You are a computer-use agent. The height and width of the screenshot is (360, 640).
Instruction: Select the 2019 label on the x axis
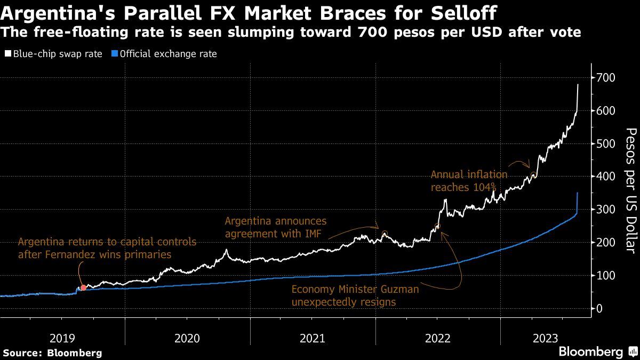point(62,338)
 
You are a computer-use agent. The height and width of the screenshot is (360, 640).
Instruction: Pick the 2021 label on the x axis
point(313,338)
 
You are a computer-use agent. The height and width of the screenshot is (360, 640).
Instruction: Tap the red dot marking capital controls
point(83,288)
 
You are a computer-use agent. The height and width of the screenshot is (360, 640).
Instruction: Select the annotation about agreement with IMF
point(276,227)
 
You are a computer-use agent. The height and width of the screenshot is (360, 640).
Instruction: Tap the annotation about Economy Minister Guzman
point(355,295)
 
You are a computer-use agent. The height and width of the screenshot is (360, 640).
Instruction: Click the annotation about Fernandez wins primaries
point(107,248)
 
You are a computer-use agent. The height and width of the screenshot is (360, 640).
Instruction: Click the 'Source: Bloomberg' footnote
point(52,353)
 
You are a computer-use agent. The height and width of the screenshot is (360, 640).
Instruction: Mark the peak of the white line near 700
point(578,84)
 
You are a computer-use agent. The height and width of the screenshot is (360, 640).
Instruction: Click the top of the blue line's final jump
point(578,193)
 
